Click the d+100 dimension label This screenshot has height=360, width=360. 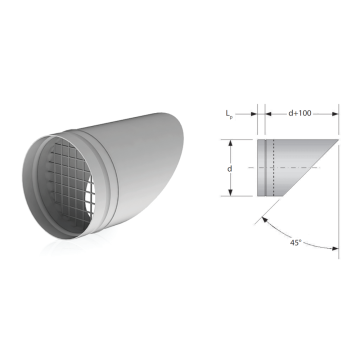click(300, 113)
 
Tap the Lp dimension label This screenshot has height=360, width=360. click(229, 114)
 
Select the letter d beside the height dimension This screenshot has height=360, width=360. click(229, 169)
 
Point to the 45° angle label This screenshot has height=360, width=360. click(294, 243)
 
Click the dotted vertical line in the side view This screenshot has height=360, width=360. click(273, 168)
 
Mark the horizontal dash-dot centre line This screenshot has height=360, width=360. click(284, 167)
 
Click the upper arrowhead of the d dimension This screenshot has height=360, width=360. click(230, 144)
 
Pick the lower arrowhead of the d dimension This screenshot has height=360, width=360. click(230, 192)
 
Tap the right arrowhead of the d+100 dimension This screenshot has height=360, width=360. click(334, 114)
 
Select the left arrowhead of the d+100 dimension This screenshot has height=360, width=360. click(269, 114)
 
